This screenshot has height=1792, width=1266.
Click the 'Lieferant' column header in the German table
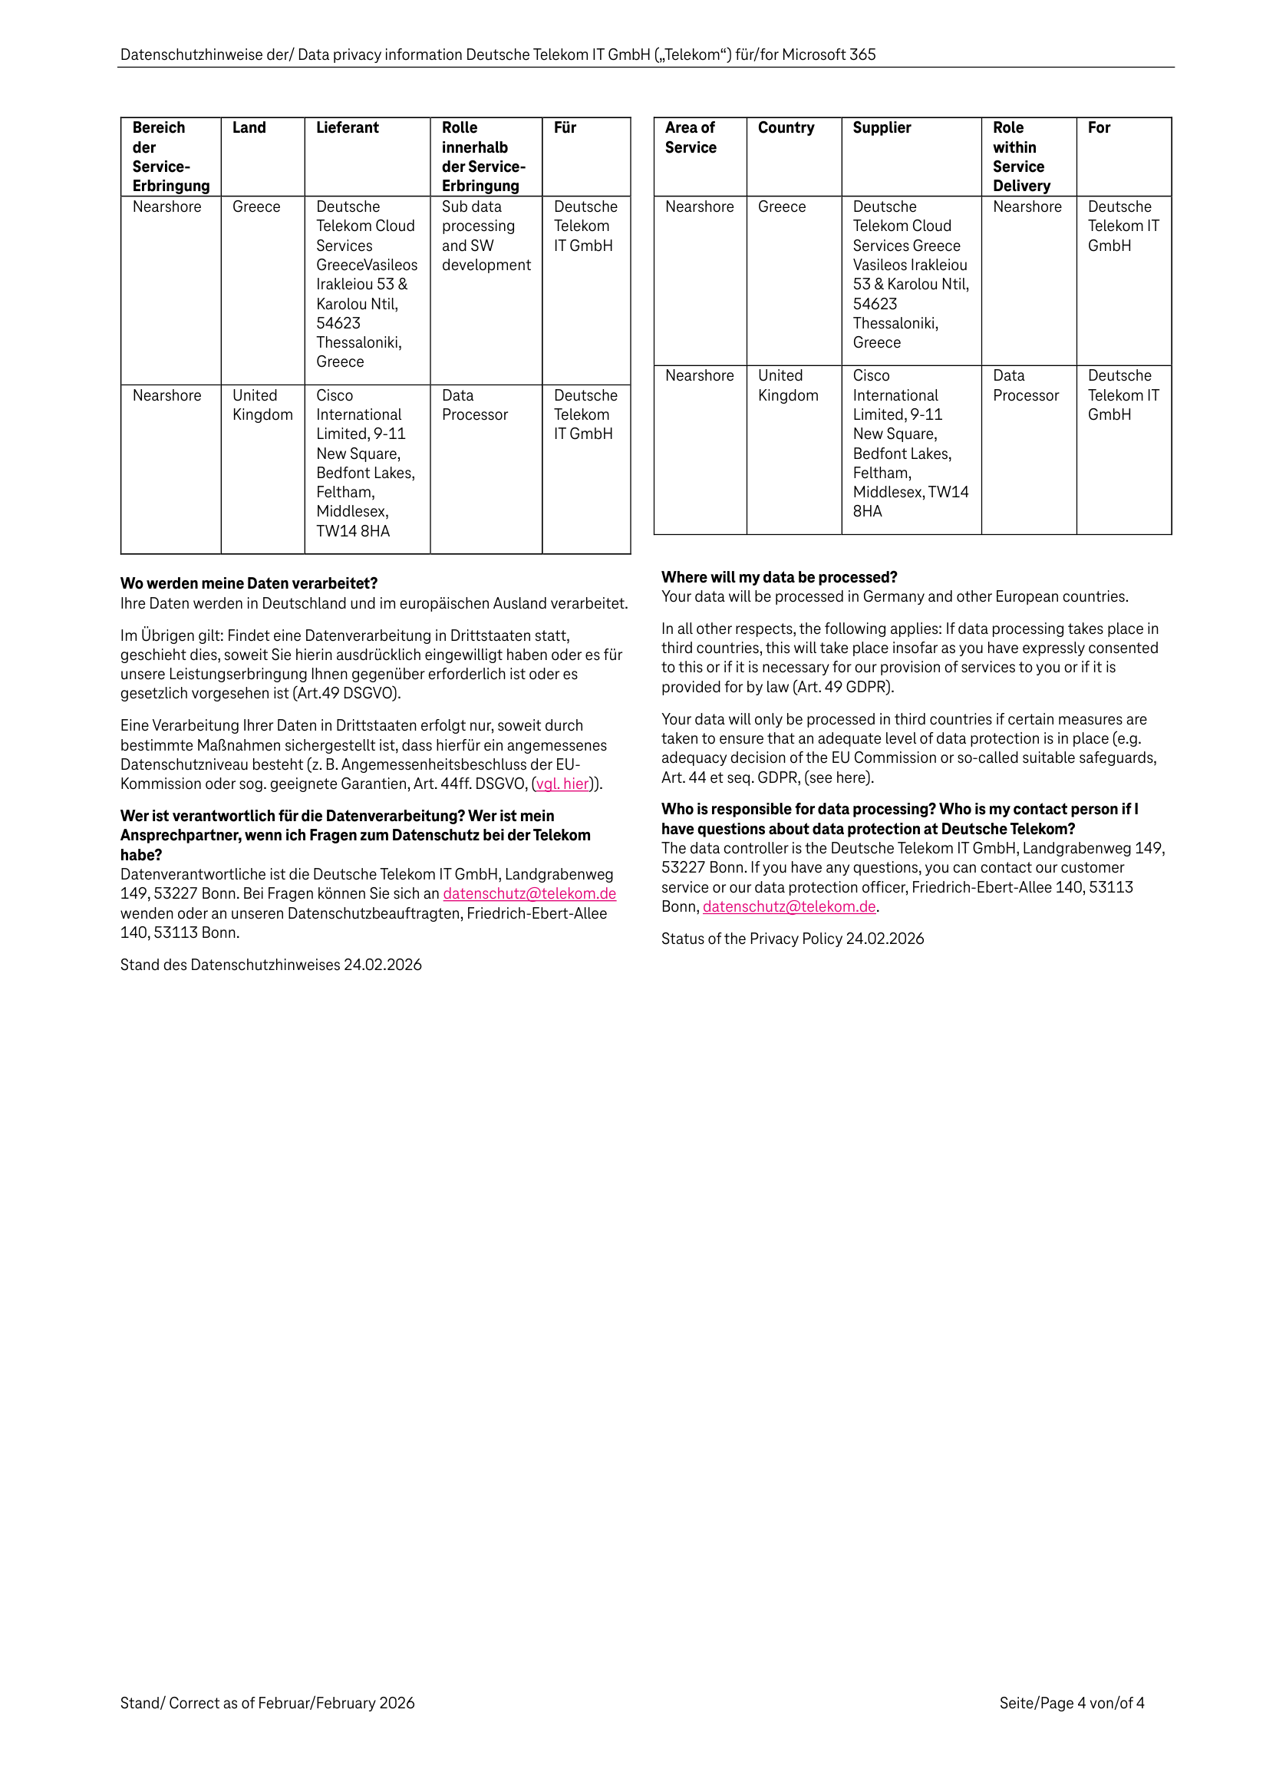pos(348,128)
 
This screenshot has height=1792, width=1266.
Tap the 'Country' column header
pos(785,128)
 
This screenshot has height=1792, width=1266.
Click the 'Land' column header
pos(249,128)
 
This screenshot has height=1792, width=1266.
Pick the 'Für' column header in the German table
pos(564,128)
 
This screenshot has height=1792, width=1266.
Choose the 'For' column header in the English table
pos(1098,128)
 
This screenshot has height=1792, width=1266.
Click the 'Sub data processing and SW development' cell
pos(486,236)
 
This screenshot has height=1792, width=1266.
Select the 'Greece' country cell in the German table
pos(256,207)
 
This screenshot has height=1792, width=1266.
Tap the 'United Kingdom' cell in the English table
pos(787,385)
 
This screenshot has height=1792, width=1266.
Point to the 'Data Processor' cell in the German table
pos(474,405)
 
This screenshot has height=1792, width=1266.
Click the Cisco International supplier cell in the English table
pos(909,444)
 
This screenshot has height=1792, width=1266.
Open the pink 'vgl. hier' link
pos(562,784)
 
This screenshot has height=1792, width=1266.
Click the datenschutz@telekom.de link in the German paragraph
pos(529,893)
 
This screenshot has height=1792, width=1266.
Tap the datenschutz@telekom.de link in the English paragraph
pos(789,907)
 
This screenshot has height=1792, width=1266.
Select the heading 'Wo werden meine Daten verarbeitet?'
pos(249,584)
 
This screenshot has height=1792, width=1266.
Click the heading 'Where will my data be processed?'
pos(779,578)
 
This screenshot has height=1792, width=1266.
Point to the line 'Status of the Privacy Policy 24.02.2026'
pos(793,939)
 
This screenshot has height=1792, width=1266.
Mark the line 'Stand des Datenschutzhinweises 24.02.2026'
pos(271,965)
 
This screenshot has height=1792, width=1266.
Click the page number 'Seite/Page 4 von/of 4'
pos(1071,1703)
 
